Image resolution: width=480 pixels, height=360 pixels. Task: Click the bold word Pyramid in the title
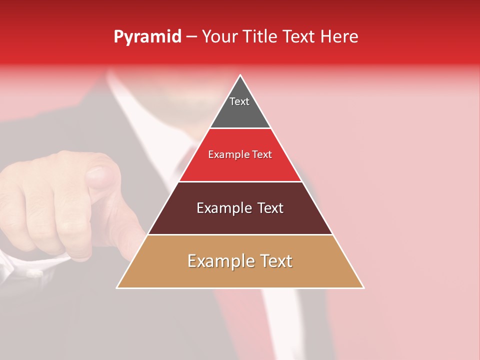147,37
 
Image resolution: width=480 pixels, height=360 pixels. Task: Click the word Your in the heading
219,37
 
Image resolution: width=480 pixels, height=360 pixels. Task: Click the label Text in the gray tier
239,101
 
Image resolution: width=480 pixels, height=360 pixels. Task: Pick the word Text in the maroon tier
268,208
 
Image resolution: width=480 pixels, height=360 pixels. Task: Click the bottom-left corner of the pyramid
117,287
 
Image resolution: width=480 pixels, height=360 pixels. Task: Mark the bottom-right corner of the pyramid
363,287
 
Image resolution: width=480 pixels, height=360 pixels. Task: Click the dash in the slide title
191,37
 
